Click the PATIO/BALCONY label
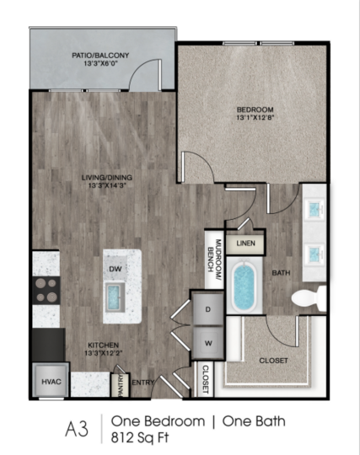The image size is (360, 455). click(x=100, y=55)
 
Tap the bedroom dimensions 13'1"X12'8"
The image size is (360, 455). click(x=255, y=117)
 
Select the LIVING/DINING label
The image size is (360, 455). click(x=107, y=178)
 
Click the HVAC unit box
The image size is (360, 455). click(x=51, y=381)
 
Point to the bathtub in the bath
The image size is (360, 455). click(x=244, y=287)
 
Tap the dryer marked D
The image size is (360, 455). click(x=208, y=309)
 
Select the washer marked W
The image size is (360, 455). click(x=208, y=343)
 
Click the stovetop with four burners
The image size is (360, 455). click(x=46, y=290)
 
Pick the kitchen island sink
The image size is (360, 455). click(x=115, y=297)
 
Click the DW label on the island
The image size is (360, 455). click(x=116, y=269)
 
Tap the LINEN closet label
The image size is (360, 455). click(x=245, y=244)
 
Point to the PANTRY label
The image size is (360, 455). click(x=121, y=385)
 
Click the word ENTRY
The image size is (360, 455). click(x=142, y=383)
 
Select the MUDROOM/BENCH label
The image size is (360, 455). click(x=214, y=255)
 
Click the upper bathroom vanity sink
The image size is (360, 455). click(x=314, y=208)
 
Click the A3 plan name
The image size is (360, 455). click(x=77, y=429)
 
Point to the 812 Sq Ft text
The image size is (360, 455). click(x=140, y=437)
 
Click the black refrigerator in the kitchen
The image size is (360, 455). click(x=48, y=345)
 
